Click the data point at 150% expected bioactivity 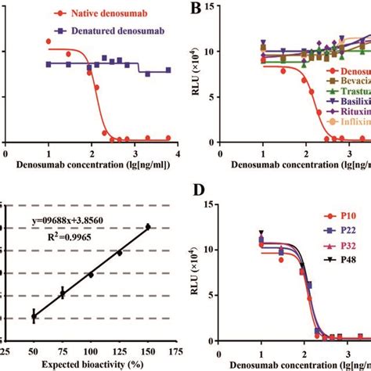tap(147, 227)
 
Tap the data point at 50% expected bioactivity tap(34, 315)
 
